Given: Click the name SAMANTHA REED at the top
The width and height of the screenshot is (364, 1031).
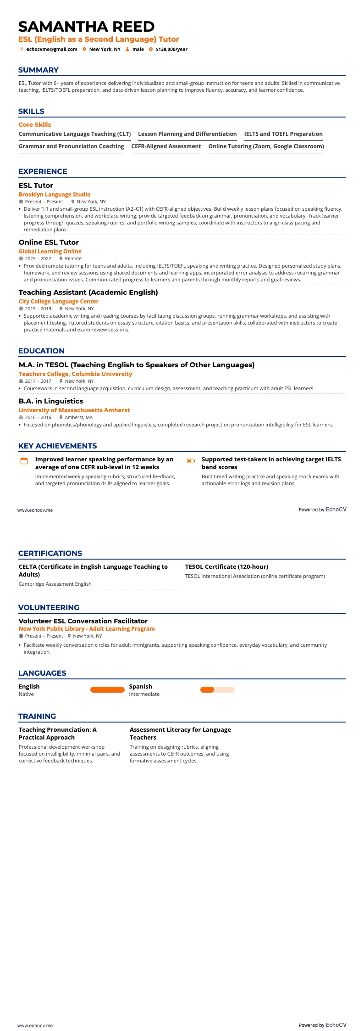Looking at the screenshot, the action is (x=86, y=26).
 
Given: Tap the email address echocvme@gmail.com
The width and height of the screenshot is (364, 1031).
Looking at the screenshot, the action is (x=52, y=50).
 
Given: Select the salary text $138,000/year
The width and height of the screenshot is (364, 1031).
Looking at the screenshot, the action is (x=171, y=50).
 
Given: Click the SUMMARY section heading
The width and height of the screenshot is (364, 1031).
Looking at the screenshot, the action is (x=39, y=70).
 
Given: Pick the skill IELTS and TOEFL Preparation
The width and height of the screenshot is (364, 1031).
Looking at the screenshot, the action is (x=283, y=134).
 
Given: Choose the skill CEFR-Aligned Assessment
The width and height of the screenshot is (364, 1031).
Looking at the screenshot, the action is (x=166, y=146).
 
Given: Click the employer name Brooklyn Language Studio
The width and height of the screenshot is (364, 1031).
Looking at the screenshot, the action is (x=55, y=195).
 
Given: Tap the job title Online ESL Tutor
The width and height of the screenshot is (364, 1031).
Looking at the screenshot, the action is (x=49, y=242).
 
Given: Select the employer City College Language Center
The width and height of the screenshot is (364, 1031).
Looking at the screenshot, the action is (x=59, y=302).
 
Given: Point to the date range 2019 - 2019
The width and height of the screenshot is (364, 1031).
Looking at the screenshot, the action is (x=38, y=309).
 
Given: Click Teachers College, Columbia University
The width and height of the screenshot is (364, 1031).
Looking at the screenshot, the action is (x=75, y=374).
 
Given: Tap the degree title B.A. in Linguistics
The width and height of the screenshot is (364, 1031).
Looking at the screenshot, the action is (x=51, y=401).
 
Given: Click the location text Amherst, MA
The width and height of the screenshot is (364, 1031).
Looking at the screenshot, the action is (x=78, y=418).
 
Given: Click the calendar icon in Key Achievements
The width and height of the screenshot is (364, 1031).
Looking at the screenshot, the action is (x=24, y=461).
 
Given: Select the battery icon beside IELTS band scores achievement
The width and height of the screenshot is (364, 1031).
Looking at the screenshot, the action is (x=191, y=461).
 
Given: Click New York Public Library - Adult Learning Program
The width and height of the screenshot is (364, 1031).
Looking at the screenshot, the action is (x=87, y=629).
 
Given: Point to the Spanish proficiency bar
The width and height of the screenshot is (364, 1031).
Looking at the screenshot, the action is (x=217, y=689).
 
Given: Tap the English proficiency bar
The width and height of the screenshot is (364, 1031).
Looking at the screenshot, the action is (x=107, y=689).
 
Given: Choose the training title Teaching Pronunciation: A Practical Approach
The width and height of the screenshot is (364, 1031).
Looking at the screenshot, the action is (x=58, y=734).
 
